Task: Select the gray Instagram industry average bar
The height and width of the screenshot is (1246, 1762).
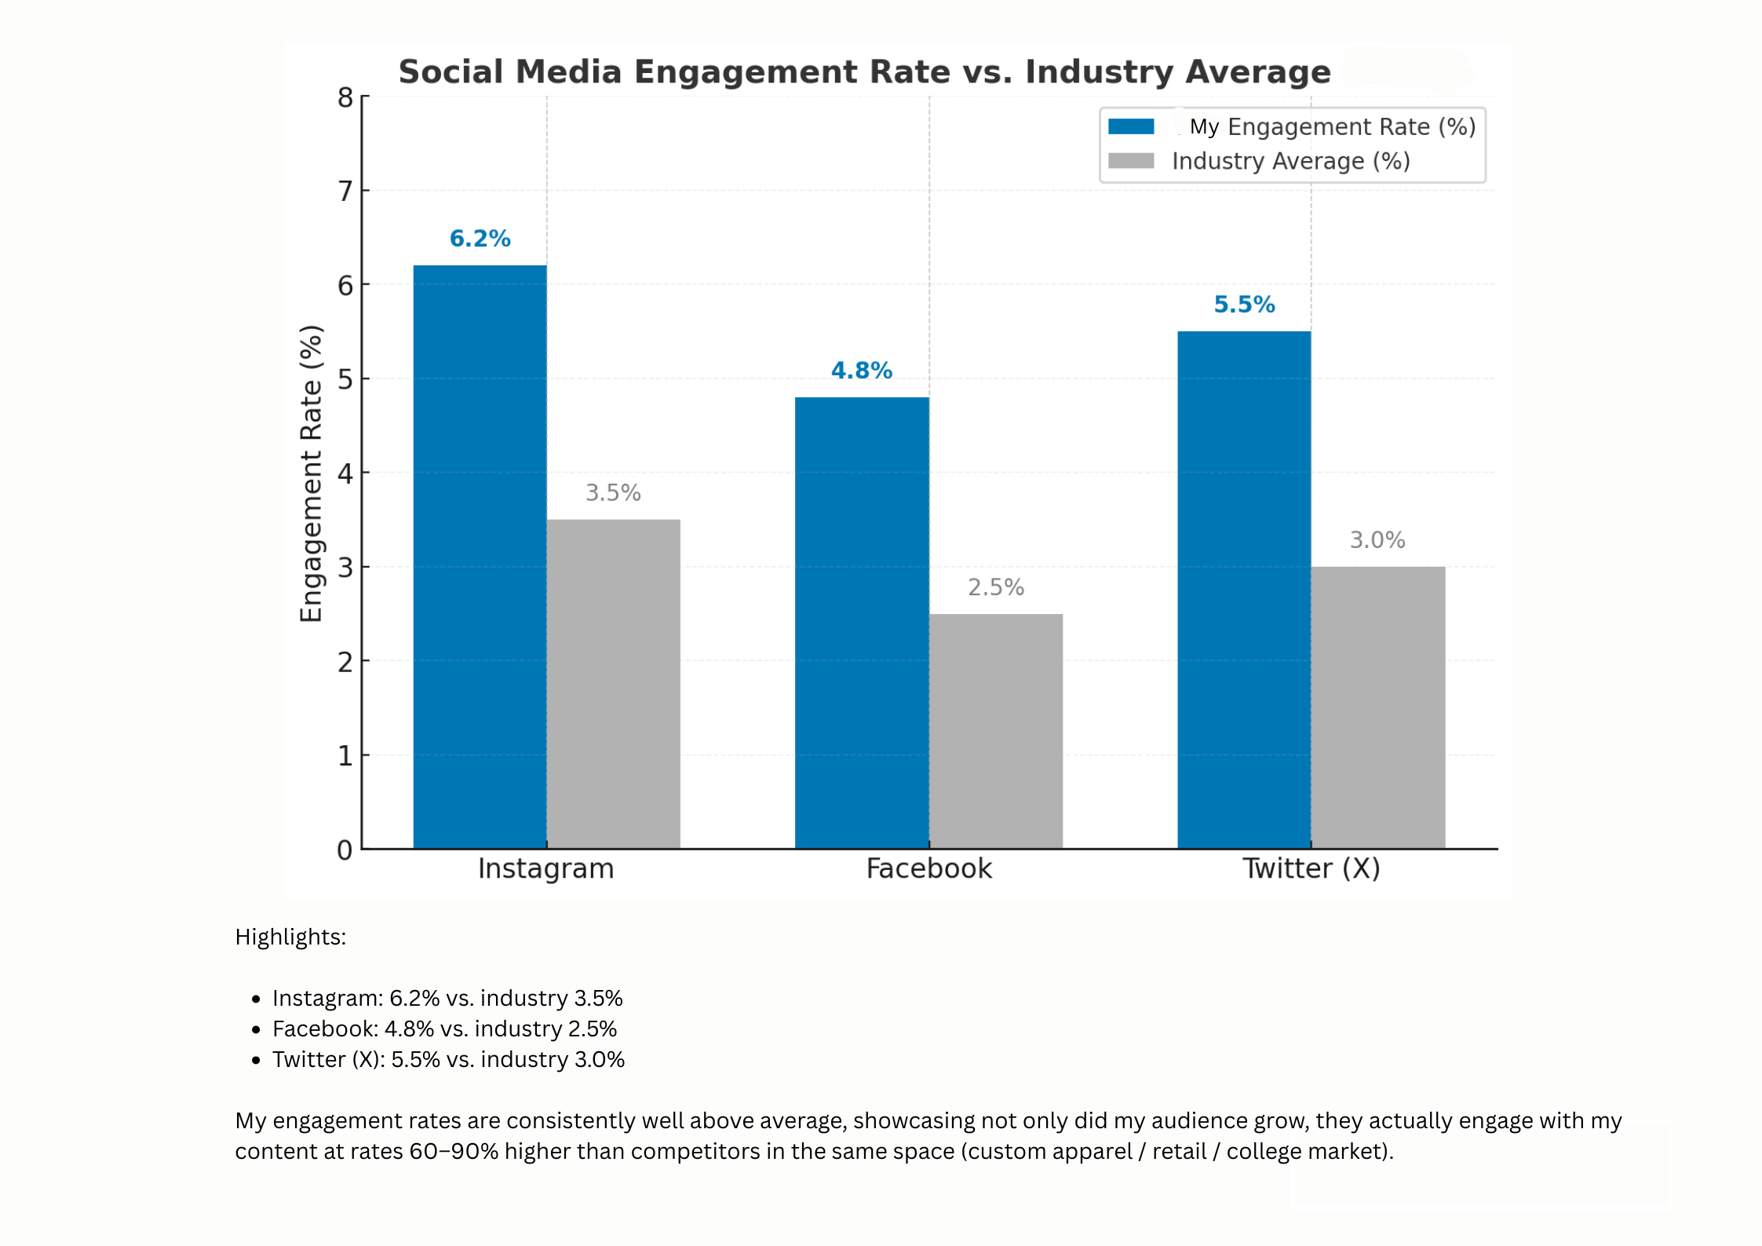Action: click(x=613, y=683)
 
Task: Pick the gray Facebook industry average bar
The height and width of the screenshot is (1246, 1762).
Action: click(x=995, y=730)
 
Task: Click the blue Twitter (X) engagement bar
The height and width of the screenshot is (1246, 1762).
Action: click(x=1244, y=589)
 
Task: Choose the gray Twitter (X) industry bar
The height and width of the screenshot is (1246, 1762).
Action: click(x=1377, y=707)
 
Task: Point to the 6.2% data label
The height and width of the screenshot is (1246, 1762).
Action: click(x=480, y=239)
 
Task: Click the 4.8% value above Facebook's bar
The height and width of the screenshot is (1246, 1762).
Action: click(x=862, y=371)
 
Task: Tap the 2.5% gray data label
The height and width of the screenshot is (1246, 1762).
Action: click(x=995, y=587)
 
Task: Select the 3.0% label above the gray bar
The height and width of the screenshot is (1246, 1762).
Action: click(x=1377, y=540)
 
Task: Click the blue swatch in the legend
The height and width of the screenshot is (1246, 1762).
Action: click(x=1131, y=126)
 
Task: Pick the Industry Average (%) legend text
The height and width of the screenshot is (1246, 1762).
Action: click(x=1290, y=161)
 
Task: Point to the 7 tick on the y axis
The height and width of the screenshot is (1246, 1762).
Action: click(x=345, y=191)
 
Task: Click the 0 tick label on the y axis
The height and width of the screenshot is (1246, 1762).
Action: click(x=345, y=850)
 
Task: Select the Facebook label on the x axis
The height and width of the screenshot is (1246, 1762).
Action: click(x=928, y=868)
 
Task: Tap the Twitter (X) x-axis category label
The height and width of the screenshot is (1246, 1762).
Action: click(x=1311, y=868)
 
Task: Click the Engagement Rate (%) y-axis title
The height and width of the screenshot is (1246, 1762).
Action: click(x=312, y=473)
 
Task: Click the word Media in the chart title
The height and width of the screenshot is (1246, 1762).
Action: click(x=568, y=72)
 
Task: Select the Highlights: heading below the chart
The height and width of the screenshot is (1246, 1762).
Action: click(x=290, y=937)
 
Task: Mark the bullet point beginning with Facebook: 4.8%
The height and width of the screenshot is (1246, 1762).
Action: click(x=444, y=1029)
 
